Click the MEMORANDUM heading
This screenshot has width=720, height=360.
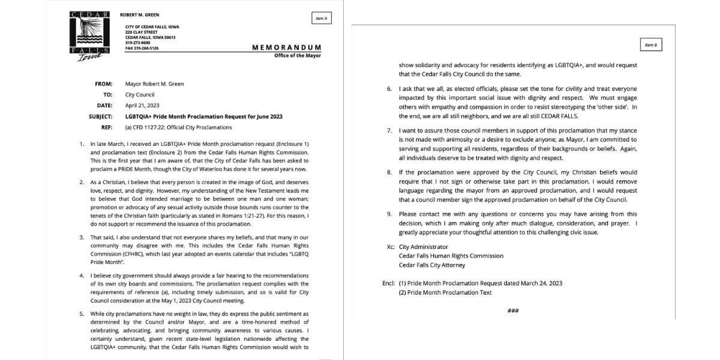286,47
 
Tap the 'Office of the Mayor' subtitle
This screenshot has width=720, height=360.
297,56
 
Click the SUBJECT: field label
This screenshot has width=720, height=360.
100,116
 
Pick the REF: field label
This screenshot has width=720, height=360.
107,127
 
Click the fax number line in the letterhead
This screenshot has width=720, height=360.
142,48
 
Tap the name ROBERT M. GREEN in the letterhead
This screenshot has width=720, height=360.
140,14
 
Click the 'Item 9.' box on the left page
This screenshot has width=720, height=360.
321,19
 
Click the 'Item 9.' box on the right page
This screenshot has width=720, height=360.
651,45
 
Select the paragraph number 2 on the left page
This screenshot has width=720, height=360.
81,182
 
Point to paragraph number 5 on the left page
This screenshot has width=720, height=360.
81,314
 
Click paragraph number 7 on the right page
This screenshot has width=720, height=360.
390,131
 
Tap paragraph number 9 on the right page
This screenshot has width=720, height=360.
390,214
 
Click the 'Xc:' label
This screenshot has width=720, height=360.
391,247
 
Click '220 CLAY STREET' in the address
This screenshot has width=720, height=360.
141,32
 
